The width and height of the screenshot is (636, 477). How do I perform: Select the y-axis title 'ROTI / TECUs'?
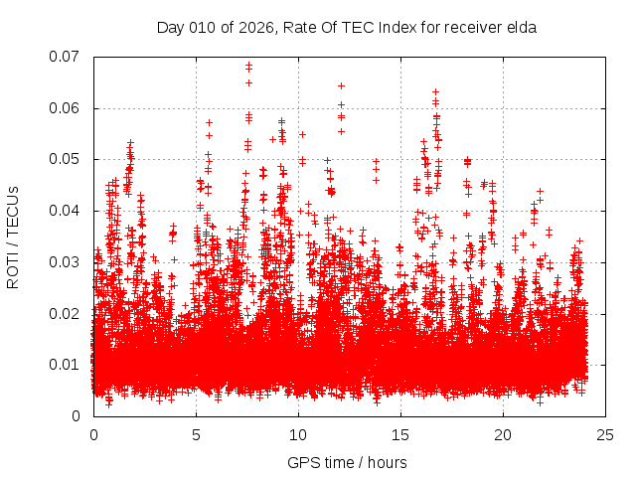[13, 237]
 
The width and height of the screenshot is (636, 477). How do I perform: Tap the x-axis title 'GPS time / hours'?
[347, 462]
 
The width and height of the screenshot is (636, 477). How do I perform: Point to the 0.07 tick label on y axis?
[67, 57]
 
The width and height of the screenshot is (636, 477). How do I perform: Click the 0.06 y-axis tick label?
[67, 108]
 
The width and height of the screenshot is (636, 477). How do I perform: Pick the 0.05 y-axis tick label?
[67, 159]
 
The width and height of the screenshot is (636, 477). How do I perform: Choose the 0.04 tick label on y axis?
[67, 211]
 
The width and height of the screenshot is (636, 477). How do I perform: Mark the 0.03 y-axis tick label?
[67, 262]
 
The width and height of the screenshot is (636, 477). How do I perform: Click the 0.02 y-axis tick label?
[67, 313]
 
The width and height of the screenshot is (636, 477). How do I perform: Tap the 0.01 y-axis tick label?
[67, 365]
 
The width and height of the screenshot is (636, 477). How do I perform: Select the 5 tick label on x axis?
[196, 435]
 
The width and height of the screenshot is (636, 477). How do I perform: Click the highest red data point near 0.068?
[248, 66]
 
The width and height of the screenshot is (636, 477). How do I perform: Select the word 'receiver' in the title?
[473, 28]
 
